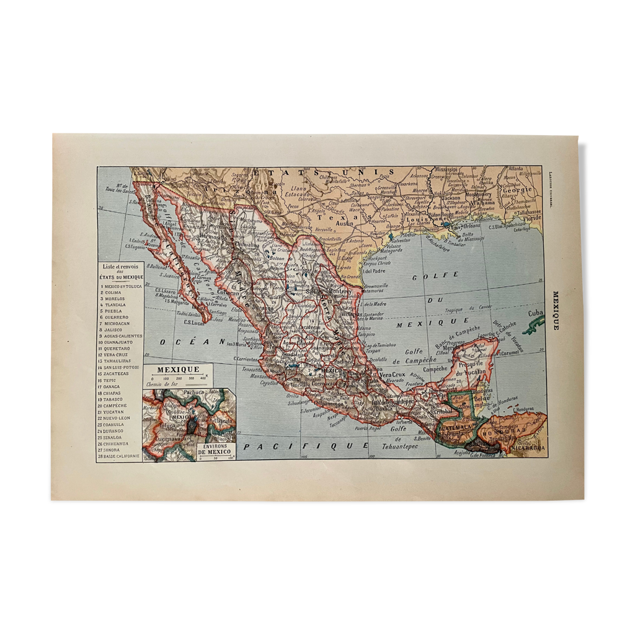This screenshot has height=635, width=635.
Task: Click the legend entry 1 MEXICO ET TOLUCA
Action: coord(122,286)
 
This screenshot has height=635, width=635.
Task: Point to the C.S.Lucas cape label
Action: coord(194,321)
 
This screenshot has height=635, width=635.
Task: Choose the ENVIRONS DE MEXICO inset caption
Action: coord(214,449)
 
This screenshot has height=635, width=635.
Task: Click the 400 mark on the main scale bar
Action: coord(202,378)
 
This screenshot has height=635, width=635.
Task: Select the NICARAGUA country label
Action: coord(528,447)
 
